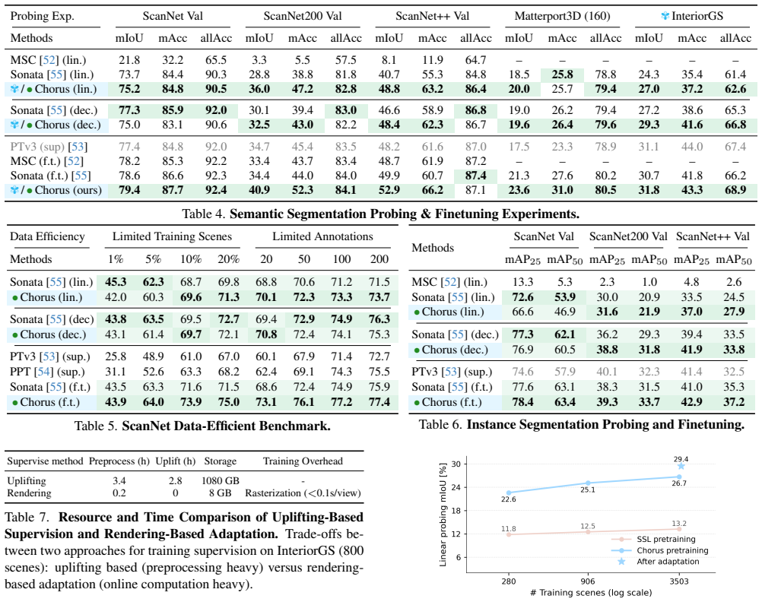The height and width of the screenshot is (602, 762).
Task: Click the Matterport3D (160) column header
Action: click(x=562, y=16)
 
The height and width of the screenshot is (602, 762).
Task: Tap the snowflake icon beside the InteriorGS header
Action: click(x=665, y=16)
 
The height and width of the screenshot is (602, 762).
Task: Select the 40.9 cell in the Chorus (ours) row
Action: click(x=259, y=190)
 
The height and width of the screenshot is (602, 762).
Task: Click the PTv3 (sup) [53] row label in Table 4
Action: click(x=49, y=147)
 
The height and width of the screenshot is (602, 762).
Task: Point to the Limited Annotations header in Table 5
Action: click(x=322, y=236)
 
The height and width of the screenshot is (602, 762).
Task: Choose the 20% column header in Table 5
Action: click(x=228, y=259)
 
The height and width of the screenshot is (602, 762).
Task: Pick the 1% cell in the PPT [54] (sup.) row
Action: click(x=116, y=372)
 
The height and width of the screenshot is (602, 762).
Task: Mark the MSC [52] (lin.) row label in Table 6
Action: click(x=449, y=282)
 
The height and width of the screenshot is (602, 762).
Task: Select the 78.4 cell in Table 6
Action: click(x=523, y=402)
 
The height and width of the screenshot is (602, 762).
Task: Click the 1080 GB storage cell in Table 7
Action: click(x=221, y=480)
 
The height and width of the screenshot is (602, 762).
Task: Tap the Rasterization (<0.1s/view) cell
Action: click(x=303, y=493)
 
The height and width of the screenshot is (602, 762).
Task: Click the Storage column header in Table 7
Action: click(x=220, y=461)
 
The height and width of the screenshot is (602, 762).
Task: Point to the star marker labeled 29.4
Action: click(x=681, y=466)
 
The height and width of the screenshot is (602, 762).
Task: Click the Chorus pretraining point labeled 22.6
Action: click(x=509, y=493)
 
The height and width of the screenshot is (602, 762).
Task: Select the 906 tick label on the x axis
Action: click(x=588, y=581)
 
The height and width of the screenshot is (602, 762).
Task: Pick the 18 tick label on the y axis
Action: click(x=456, y=511)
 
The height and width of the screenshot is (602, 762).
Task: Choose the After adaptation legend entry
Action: click(x=668, y=562)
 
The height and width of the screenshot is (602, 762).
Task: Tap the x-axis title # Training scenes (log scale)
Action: click(x=591, y=592)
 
